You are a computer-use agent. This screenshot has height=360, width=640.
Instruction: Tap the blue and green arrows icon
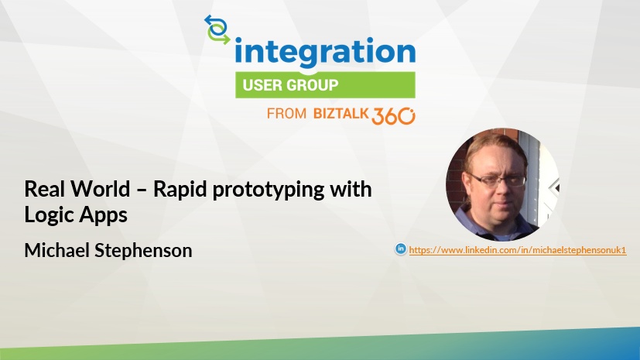217,29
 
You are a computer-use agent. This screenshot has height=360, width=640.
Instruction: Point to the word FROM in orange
286,114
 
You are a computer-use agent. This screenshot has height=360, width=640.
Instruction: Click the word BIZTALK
341,114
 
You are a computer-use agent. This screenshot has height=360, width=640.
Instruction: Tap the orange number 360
393,116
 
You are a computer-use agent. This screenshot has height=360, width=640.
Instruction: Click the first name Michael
56,250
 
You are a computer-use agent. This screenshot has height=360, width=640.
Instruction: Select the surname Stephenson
143,251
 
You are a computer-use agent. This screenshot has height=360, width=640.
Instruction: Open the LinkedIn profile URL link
518,250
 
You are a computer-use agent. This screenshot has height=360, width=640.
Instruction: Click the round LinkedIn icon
401,249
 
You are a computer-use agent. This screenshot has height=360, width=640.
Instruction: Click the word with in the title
351,189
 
